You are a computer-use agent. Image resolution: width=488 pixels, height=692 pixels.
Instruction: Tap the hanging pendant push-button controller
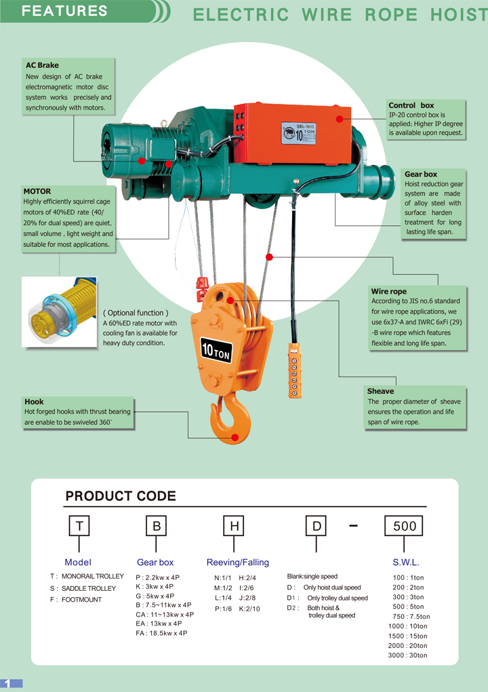tap(294, 370)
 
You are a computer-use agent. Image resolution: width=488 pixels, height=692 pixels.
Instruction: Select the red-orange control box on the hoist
tap(293, 134)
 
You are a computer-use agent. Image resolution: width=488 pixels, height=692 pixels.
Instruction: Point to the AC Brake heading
tap(42, 65)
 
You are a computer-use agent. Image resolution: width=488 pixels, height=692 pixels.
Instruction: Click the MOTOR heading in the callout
tap(37, 191)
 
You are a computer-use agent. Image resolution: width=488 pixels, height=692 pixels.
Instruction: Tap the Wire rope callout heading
tap(389, 291)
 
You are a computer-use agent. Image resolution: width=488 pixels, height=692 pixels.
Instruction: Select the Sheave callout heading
tap(380, 391)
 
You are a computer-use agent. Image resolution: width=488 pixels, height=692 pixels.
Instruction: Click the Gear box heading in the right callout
tap(421, 174)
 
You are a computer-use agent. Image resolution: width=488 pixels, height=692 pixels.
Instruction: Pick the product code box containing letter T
tap(79, 526)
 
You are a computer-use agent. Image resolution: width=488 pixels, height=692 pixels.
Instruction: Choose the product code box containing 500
tap(404, 526)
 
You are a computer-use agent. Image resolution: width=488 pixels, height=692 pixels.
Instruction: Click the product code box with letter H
tap(234, 526)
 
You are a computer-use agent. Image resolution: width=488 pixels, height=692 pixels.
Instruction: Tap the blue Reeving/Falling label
tap(238, 562)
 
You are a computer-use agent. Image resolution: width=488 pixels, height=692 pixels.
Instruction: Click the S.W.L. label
tap(406, 562)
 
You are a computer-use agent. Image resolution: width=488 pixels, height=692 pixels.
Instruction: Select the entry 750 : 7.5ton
tap(411, 617)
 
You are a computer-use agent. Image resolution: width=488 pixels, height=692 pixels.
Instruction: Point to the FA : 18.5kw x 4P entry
tap(161, 633)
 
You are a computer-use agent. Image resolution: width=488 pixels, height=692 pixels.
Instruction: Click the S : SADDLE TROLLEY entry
tap(83, 588)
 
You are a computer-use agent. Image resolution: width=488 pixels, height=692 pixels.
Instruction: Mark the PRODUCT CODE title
tap(121, 496)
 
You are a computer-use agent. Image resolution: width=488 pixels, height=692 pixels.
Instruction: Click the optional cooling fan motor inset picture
tap(59, 312)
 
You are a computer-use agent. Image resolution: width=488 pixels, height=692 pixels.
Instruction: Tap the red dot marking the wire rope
tap(269, 257)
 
